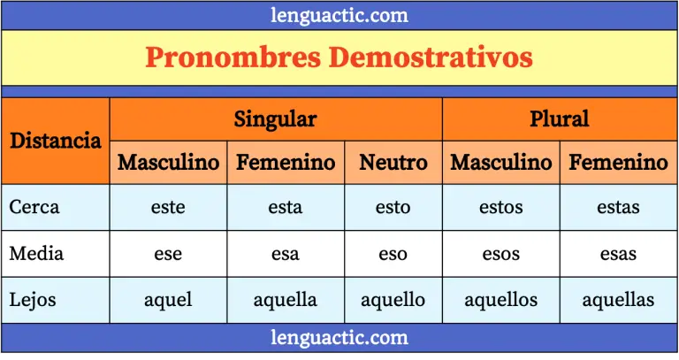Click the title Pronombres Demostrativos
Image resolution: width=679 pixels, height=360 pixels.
(x=339, y=57)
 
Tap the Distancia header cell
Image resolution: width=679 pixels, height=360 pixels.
(x=55, y=140)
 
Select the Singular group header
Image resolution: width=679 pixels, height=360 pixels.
(x=275, y=119)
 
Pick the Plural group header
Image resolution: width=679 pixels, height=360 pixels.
(x=559, y=119)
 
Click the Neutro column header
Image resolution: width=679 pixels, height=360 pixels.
(x=393, y=163)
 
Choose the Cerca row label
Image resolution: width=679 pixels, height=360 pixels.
(x=34, y=207)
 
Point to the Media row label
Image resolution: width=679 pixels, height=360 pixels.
(x=36, y=253)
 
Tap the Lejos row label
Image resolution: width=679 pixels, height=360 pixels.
(x=34, y=299)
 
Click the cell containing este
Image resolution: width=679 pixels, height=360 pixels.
(x=168, y=207)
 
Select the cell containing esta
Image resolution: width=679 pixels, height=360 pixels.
(x=285, y=207)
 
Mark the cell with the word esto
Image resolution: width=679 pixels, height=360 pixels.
(x=393, y=207)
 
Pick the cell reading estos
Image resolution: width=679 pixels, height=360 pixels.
(x=500, y=207)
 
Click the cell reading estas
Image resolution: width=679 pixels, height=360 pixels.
(x=618, y=207)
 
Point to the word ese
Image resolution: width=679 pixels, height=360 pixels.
(x=168, y=254)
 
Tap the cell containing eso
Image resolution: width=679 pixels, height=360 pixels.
(x=393, y=254)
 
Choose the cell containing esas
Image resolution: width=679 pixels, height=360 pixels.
(x=618, y=254)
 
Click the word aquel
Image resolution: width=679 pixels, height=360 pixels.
(x=168, y=300)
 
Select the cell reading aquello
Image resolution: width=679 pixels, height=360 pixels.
(x=393, y=300)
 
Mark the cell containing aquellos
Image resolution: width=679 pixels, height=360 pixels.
(x=500, y=300)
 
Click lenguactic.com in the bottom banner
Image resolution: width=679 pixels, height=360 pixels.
(x=339, y=337)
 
